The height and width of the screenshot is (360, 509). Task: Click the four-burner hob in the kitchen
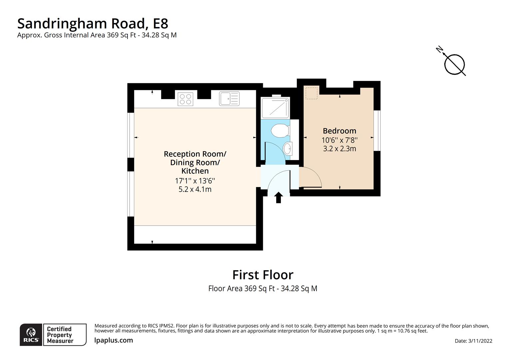point(186,99)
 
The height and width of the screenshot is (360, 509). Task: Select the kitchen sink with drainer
point(229,99)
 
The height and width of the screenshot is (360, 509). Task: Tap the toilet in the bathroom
point(279,130)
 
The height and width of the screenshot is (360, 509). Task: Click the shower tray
point(275,108)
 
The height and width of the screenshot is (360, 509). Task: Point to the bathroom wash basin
point(287,148)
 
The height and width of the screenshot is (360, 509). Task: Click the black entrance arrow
point(278,197)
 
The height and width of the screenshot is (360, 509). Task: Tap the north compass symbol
point(453,63)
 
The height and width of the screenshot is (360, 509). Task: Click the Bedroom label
point(339,131)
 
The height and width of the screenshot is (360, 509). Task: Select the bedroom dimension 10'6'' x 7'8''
point(339,140)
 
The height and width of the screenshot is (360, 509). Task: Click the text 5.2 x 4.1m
point(195,189)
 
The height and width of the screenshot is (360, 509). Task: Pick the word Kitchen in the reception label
point(195,171)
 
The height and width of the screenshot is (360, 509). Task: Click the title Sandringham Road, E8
point(93,23)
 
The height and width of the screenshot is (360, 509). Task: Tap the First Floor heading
point(262,275)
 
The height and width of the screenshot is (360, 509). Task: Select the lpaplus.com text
point(114,340)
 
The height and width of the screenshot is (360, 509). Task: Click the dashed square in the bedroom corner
point(312,93)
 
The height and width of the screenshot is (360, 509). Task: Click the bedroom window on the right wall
point(377,130)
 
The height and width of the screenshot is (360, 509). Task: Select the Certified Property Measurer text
point(60,335)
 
